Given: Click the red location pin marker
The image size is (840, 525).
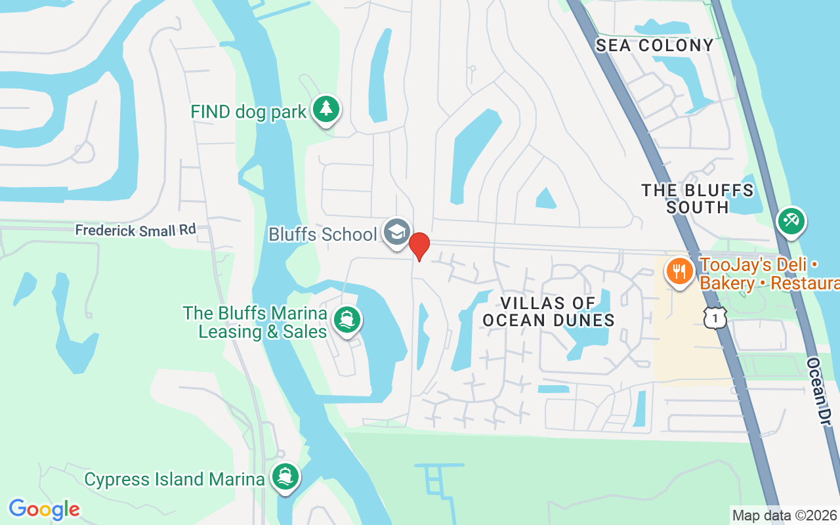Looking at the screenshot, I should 419,246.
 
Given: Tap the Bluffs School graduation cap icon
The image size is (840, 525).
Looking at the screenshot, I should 396,232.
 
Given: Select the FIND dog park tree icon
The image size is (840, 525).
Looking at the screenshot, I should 325,109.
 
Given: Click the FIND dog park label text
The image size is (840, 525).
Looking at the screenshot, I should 249,112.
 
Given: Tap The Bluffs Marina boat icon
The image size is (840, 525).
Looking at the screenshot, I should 347,320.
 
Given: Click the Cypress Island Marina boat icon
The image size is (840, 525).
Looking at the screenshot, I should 284,477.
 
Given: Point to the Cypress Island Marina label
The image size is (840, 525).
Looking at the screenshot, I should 174,479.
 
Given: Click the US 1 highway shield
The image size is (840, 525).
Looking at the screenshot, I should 715,318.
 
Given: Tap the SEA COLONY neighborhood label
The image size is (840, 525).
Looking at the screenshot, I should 654,45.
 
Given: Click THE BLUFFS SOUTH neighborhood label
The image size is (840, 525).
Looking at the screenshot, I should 698,199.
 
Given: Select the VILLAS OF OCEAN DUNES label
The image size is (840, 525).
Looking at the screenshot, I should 549,312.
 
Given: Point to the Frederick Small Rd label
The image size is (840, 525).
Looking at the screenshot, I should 135,230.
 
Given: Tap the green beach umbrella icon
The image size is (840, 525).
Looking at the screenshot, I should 791,221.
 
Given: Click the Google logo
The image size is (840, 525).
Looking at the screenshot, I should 44,509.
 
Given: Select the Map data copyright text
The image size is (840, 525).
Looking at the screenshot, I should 784,515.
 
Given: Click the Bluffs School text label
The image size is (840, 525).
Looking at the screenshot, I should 322,234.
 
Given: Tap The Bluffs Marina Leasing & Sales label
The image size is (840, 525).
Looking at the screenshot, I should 255,322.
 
